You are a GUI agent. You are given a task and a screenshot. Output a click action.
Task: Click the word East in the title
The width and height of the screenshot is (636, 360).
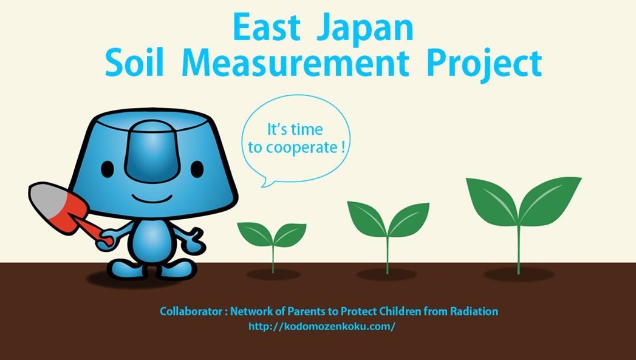tap(266, 27)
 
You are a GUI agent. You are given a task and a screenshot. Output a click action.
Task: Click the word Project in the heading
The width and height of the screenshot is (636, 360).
tap(484, 66)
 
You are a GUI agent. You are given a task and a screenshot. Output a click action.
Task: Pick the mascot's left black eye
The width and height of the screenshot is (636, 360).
tap(107, 169)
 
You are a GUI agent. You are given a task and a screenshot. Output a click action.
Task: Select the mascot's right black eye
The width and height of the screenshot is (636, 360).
tap(197, 169)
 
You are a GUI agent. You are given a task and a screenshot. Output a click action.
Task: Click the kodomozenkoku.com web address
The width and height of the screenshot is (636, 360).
tap(322, 327)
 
